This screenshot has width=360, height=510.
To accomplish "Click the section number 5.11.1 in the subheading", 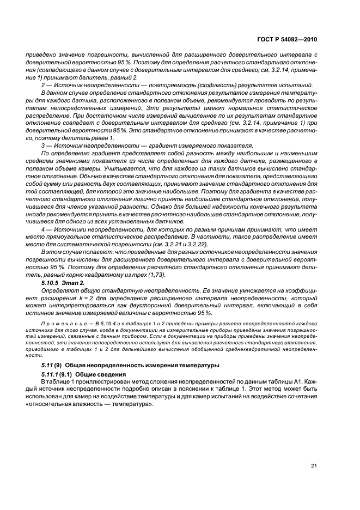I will tap(51, 375).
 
